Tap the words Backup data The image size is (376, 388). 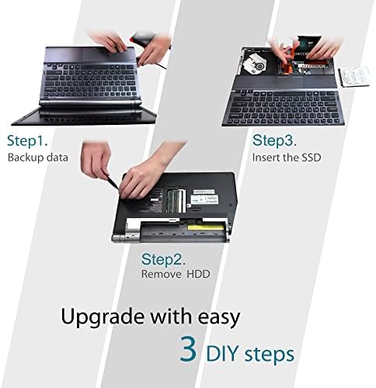[x=38, y=158]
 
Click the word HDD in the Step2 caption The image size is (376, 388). [x=198, y=274]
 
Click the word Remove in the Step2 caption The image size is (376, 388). [x=160, y=274]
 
